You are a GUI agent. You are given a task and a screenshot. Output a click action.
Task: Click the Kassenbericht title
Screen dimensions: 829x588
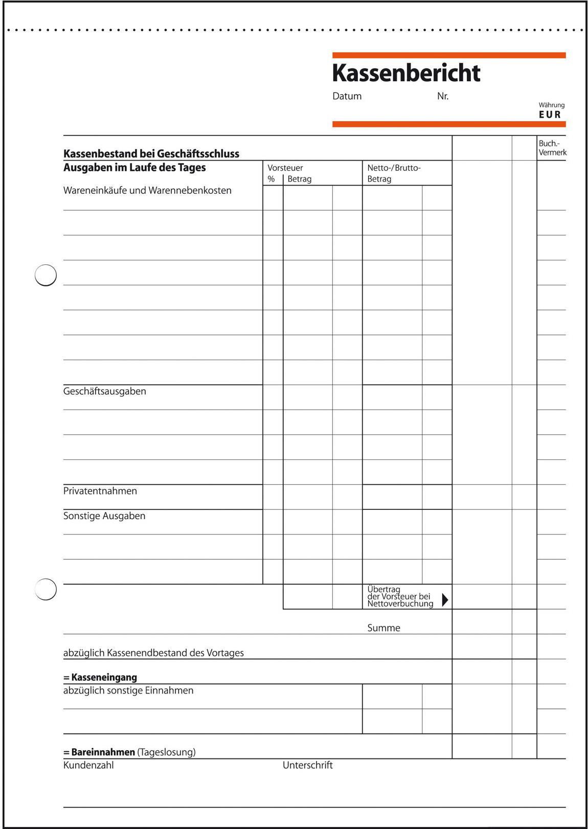406,73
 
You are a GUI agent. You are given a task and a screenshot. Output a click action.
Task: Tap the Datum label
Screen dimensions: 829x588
347,96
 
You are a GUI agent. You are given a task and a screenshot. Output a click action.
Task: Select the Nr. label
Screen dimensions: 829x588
443,96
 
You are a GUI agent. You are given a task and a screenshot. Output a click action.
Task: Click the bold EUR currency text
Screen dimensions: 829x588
550,115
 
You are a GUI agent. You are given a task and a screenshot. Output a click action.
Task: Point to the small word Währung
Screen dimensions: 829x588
551,105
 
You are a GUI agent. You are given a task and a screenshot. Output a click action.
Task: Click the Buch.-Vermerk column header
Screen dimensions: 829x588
552,148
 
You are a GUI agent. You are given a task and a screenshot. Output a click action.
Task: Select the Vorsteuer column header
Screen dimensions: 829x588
285,168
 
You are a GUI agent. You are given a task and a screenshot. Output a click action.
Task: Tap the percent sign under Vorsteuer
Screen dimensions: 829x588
271,179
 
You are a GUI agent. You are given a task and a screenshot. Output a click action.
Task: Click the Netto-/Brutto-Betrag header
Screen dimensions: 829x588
394,173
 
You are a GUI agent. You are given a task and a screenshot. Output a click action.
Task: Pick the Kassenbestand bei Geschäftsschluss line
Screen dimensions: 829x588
151,153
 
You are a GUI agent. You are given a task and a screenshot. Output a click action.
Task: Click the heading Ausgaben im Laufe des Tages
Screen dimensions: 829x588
134,168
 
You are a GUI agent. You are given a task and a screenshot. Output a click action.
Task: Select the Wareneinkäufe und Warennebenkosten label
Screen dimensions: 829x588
147,190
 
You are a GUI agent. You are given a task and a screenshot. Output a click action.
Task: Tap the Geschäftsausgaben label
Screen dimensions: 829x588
104,391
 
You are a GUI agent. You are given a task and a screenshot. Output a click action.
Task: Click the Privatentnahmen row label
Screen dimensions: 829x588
100,491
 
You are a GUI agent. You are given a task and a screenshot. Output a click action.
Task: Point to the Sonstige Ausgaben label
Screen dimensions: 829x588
104,516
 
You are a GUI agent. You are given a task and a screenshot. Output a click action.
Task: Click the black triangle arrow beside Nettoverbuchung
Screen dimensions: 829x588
444,599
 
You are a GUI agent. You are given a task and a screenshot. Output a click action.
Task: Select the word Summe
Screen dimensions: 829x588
383,628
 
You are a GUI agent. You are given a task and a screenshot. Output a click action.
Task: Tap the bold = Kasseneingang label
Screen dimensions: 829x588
100,678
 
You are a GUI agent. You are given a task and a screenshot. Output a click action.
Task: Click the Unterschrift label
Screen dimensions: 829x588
307,765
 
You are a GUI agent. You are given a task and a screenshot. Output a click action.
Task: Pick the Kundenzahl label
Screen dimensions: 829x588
88,765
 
